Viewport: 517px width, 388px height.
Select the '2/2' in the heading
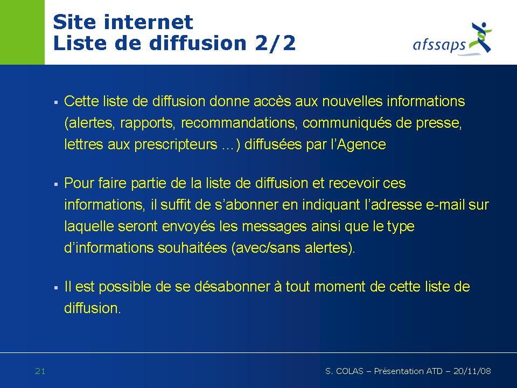tap(275, 43)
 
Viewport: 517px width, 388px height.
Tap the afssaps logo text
tap(439, 45)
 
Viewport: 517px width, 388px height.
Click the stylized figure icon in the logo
tap(481, 37)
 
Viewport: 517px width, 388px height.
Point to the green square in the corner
tap(22, 32)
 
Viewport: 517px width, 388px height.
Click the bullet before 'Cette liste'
tap(56, 102)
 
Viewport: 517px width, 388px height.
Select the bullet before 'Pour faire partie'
tap(56, 184)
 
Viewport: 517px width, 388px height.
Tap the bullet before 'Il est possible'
tap(56, 288)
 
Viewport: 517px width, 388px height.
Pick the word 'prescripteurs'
tap(176, 145)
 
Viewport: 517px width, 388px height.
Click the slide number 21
tap(40, 371)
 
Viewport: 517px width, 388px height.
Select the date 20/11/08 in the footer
tap(472, 371)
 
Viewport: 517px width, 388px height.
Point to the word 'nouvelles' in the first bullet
tap(352, 101)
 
